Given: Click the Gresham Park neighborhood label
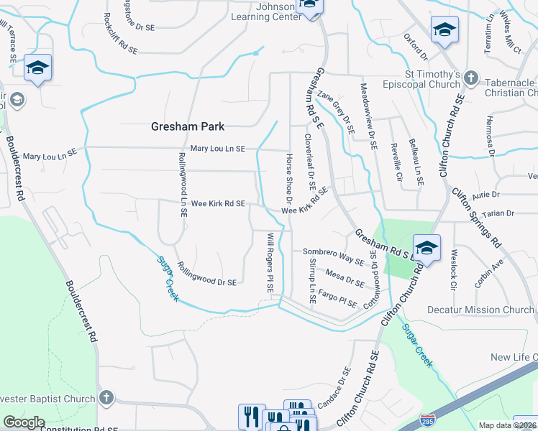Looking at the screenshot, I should pyautogui.click(x=188, y=126).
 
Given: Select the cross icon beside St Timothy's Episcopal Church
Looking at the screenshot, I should pyautogui.click(x=470, y=78).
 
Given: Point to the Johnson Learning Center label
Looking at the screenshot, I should pyautogui.click(x=267, y=11).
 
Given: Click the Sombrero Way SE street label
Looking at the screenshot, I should pyautogui.click(x=333, y=256).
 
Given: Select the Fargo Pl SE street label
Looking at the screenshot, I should pyautogui.click(x=337, y=298).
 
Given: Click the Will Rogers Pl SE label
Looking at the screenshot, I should pyautogui.click(x=270, y=261).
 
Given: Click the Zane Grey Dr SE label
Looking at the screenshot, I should pyautogui.click(x=337, y=113).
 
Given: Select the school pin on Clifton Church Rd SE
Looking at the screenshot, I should pyautogui.click(x=426, y=246).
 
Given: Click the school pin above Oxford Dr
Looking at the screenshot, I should pyautogui.click(x=444, y=30).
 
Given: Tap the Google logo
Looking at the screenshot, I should pyautogui.click(x=24, y=422).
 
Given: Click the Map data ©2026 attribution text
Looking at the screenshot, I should pyautogui.click(x=507, y=425).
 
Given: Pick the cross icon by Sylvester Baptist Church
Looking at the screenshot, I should pyautogui.click(x=106, y=397).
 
